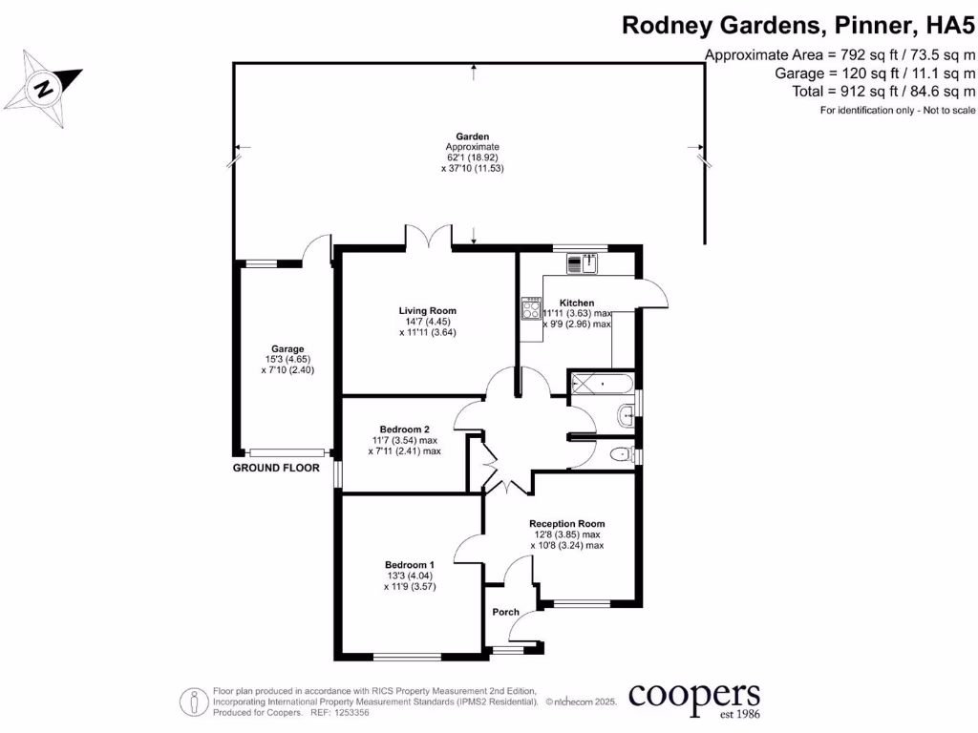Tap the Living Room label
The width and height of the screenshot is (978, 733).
427,310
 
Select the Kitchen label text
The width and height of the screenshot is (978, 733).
577,303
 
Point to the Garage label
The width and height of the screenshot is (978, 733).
287,349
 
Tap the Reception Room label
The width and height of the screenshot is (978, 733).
566,524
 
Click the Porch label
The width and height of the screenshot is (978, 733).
505,612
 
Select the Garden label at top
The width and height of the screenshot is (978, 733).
472,136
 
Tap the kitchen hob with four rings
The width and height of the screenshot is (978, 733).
530,308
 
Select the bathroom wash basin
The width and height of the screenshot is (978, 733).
627,414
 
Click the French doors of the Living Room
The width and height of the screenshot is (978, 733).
427,237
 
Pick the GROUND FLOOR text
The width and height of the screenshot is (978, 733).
276,469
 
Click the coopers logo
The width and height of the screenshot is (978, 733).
694,697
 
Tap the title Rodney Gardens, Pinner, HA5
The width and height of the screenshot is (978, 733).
798,25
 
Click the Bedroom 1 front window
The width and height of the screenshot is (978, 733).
407,656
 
